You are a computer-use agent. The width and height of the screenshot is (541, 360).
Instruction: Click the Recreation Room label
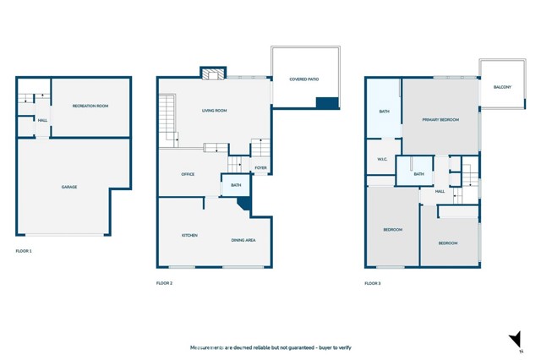(90, 106)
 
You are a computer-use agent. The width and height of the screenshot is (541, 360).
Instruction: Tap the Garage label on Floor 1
(69, 187)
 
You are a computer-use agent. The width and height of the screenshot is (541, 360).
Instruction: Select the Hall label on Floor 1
(42, 120)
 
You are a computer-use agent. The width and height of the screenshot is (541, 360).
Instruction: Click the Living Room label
(214, 111)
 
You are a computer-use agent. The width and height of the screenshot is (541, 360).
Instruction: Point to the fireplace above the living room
(213, 74)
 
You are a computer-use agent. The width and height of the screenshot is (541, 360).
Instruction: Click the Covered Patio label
(304, 79)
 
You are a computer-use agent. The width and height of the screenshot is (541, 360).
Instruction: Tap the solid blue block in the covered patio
(327, 103)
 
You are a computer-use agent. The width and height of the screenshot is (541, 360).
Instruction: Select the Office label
(188, 174)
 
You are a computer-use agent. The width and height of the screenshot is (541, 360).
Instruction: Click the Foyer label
(260, 168)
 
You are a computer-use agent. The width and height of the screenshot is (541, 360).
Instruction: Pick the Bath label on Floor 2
(236, 185)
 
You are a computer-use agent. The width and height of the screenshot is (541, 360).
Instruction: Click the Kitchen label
(189, 235)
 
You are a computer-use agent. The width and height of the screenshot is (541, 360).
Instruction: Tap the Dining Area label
(243, 240)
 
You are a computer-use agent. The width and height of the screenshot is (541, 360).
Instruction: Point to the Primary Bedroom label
(440, 120)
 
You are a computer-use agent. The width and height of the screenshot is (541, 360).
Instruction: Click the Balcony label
(502, 87)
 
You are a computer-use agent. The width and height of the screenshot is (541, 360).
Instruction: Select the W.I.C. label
(382, 160)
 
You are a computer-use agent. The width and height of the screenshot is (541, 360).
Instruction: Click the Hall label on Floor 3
(440, 191)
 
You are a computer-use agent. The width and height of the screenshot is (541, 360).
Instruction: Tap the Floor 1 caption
(24, 251)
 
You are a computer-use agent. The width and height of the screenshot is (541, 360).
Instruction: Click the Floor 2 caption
(164, 283)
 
